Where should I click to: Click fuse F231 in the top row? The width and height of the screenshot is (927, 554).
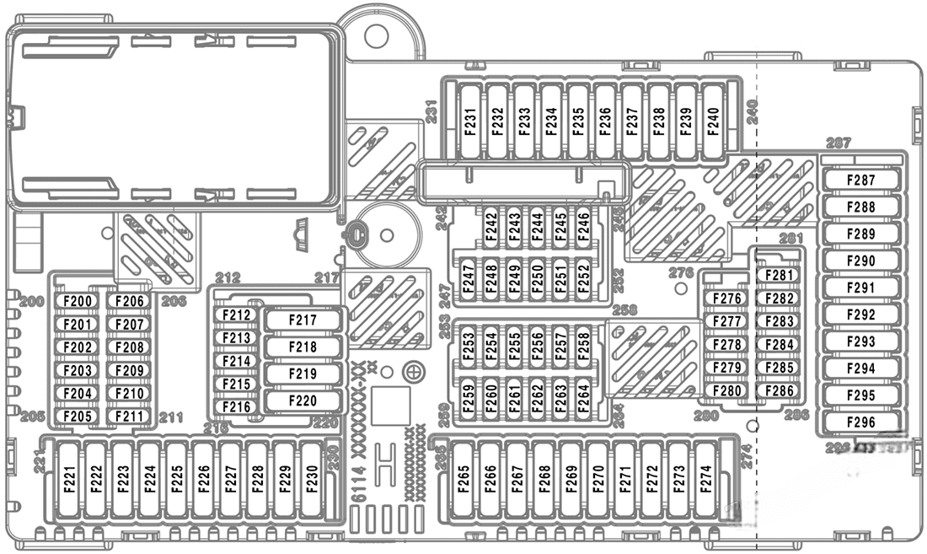click(x=471, y=121)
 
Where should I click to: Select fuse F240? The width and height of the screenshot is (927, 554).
click(x=713, y=121)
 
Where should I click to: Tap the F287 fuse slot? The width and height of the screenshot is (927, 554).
click(x=861, y=180)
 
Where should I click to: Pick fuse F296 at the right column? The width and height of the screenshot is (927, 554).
click(x=861, y=422)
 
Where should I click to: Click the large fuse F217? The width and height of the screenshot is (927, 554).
click(x=303, y=320)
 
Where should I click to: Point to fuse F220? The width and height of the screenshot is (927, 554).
click(x=303, y=401)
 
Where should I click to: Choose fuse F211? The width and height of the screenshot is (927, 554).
click(x=130, y=416)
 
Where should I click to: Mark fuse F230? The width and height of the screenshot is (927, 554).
click(x=310, y=479)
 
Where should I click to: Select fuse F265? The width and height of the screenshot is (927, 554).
click(x=463, y=479)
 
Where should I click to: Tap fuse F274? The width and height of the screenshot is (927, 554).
click(x=705, y=479)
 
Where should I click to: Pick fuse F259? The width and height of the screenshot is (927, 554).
click(x=469, y=396)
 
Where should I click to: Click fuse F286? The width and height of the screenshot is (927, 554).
click(x=780, y=390)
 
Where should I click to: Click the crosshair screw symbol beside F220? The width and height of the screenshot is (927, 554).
click(x=413, y=372)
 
